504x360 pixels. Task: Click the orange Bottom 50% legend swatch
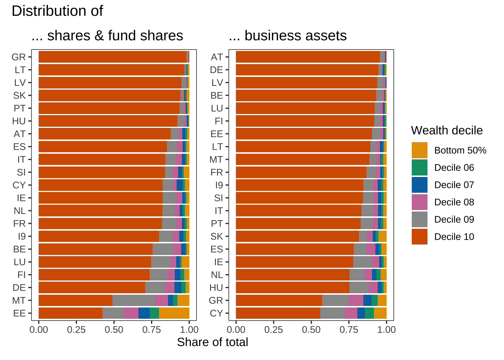click(419, 150)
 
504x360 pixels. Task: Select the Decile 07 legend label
click(454, 185)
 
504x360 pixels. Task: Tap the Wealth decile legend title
click(447, 130)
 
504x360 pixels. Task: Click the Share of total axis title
click(212, 342)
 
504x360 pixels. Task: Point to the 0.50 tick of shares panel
click(114, 330)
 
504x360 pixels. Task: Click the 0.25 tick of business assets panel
click(274, 330)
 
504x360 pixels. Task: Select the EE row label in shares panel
click(19, 313)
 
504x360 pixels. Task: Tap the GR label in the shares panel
click(19, 57)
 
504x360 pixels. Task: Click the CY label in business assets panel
click(216, 313)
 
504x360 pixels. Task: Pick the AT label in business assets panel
click(217, 57)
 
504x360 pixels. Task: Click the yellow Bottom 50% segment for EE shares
click(174, 313)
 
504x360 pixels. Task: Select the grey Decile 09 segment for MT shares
click(133, 300)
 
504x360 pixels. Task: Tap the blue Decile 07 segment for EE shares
click(144, 313)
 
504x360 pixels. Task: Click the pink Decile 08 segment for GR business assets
click(356, 300)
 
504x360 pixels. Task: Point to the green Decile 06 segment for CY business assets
click(369, 313)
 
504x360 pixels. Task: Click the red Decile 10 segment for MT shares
click(76, 300)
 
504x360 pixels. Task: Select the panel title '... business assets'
click(288, 36)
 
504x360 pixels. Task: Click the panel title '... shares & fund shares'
click(107, 36)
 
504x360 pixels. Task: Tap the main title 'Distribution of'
click(57, 11)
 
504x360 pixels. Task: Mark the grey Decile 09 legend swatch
click(419, 219)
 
